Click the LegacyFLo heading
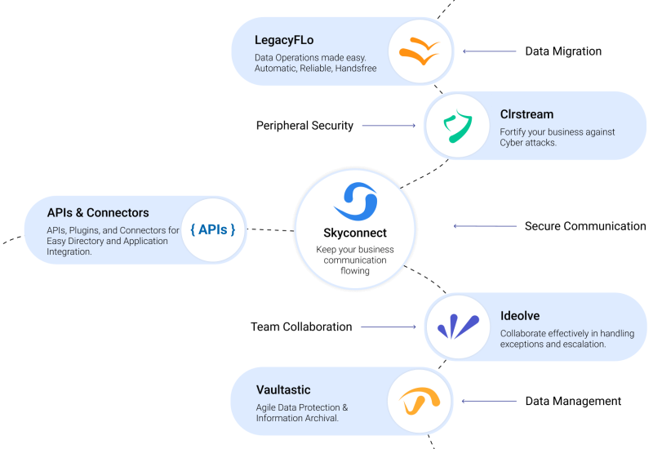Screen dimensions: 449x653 pyautogui.click(x=284, y=39)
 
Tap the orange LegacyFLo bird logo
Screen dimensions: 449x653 pyautogui.click(x=420, y=51)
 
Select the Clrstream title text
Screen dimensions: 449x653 pyautogui.click(x=526, y=114)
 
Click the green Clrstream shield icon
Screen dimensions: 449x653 pyautogui.click(x=458, y=127)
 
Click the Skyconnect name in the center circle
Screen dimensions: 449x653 pyautogui.click(x=355, y=233)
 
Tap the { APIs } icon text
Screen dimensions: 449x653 pyautogui.click(x=213, y=229)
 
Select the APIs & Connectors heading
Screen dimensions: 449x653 pyautogui.click(x=98, y=213)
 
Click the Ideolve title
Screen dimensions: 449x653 pyautogui.click(x=520, y=315)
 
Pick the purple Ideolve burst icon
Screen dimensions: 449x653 pyautogui.click(x=458, y=327)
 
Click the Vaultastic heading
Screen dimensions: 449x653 pyautogui.click(x=283, y=389)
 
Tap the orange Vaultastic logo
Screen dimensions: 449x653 pyautogui.click(x=420, y=400)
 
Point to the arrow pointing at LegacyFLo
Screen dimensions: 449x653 pyautogui.click(x=490, y=51)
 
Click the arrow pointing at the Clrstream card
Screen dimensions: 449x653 pyautogui.click(x=389, y=126)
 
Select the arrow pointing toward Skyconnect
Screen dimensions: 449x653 pyautogui.click(x=485, y=226)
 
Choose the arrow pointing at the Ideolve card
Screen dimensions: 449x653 pyautogui.click(x=389, y=327)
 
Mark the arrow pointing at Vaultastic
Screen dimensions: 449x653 pyautogui.click(x=489, y=401)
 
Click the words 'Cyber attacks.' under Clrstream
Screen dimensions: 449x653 pyautogui.click(x=528, y=143)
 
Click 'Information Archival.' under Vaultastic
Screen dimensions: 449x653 pyautogui.click(x=297, y=419)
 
